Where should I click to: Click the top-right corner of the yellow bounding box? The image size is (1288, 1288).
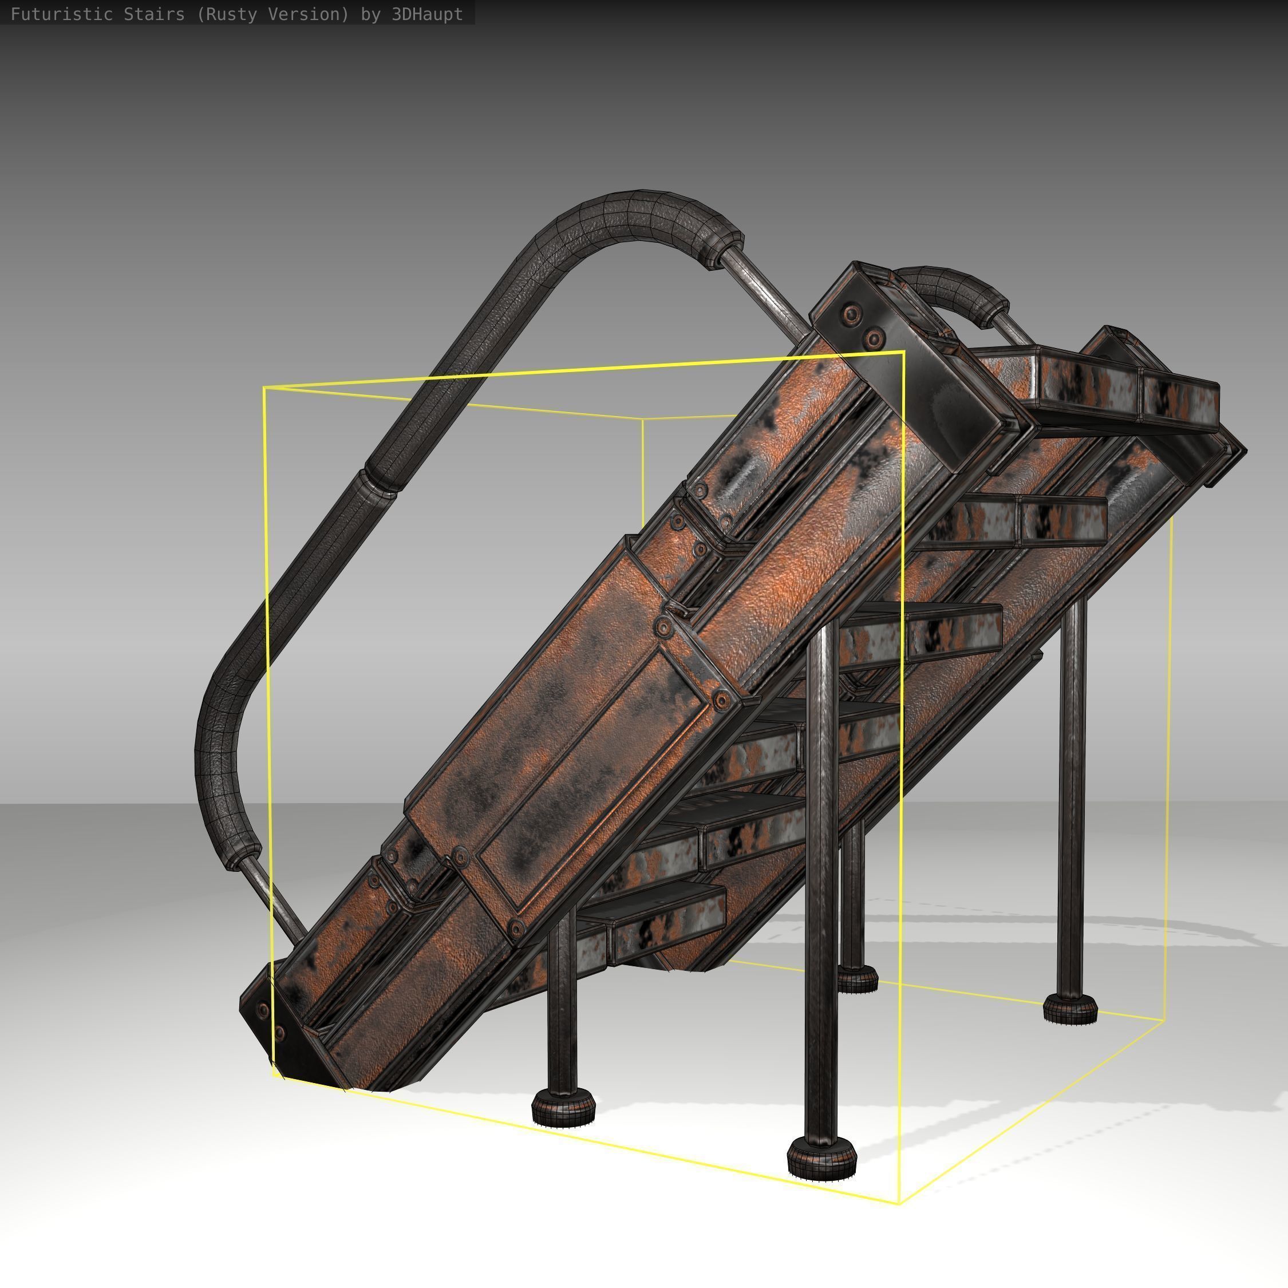903,351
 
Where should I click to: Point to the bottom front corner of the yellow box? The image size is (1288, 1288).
900,1204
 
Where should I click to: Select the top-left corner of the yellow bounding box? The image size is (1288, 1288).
264,388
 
